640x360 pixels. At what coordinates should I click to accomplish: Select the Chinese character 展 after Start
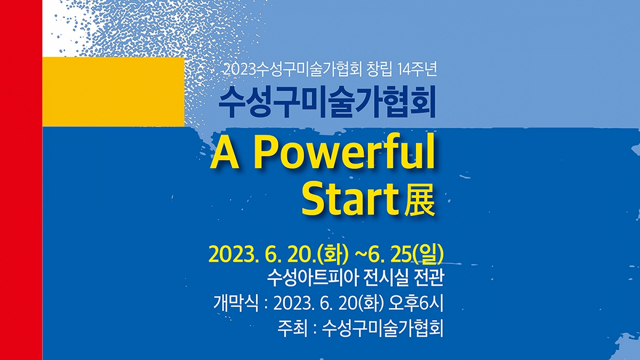pos(419,201)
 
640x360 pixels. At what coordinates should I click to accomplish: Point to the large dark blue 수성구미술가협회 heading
pos(327,102)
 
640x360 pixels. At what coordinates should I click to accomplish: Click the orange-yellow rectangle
pos(114,92)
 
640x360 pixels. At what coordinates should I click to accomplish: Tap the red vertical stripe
pos(21,180)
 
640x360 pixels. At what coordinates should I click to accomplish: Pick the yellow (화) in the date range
pos(335,254)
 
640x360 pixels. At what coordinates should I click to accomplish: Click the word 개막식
pos(236,303)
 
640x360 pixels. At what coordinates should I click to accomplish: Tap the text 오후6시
pos(415,303)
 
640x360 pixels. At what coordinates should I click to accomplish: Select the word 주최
pos(293,329)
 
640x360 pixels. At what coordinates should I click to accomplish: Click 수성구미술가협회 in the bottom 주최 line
pos(383,329)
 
